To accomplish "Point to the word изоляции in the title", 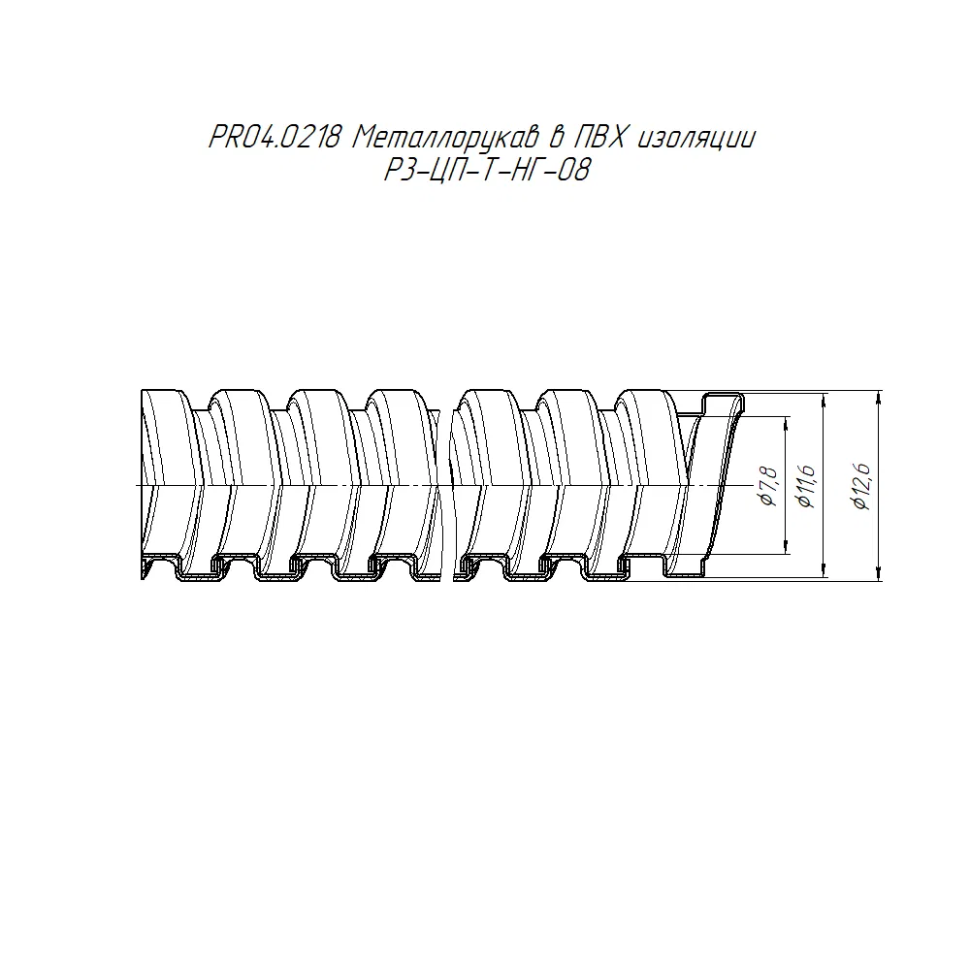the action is click(x=695, y=139).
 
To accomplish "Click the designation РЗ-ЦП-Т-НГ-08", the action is click(x=488, y=170).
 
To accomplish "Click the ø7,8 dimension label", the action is click(x=769, y=486).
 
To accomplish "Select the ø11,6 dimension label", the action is click(x=806, y=487).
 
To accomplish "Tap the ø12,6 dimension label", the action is click(x=861, y=486).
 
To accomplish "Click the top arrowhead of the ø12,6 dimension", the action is click(x=879, y=398).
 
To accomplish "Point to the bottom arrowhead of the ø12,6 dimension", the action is click(x=879, y=573).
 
